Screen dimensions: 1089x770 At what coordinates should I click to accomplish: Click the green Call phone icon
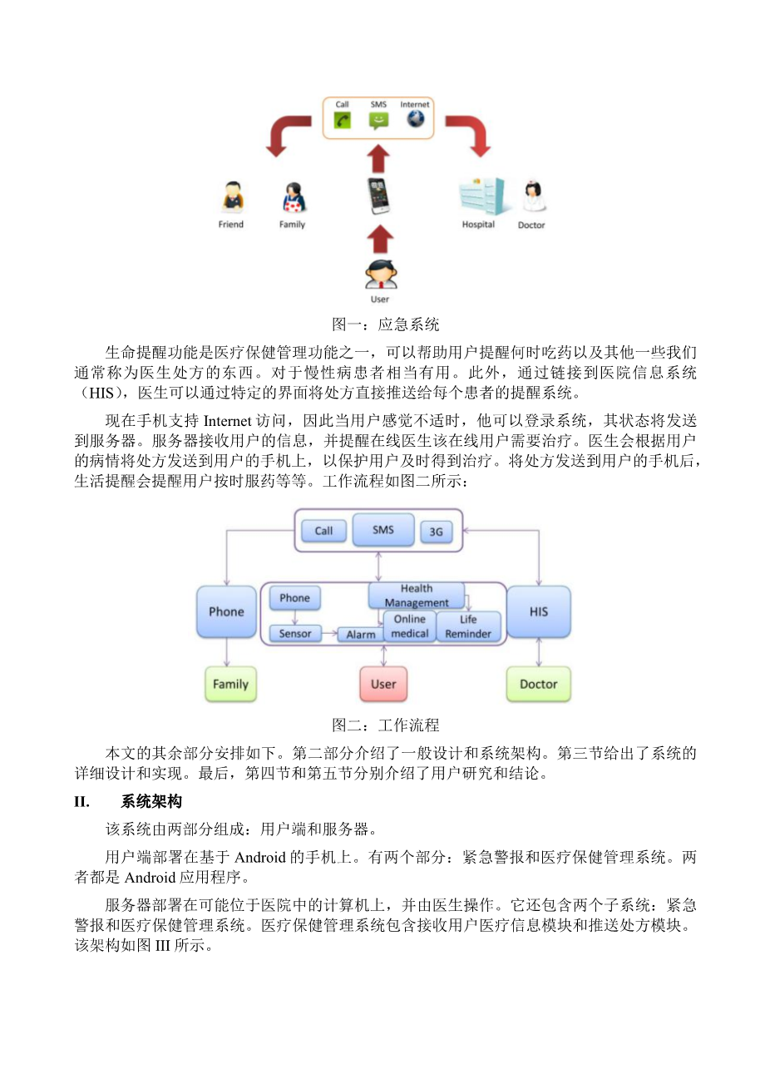(x=342, y=120)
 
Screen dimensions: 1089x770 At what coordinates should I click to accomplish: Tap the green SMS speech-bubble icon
(x=378, y=121)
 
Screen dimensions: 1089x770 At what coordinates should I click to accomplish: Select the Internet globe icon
(x=415, y=119)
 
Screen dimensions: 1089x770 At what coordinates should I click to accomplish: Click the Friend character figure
(x=231, y=198)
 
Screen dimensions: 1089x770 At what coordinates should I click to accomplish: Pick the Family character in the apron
(x=292, y=198)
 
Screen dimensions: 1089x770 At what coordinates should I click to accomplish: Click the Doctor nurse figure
(x=531, y=197)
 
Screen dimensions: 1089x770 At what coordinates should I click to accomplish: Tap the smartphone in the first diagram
(x=379, y=196)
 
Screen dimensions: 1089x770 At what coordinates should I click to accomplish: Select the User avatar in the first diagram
(x=380, y=275)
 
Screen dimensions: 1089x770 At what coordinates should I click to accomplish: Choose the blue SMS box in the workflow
(x=383, y=530)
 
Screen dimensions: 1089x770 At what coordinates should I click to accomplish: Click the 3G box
(x=436, y=532)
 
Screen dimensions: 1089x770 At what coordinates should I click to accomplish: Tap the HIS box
(x=539, y=611)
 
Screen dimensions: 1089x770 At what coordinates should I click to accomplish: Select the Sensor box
(x=295, y=634)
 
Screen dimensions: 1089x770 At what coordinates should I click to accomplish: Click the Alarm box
(x=361, y=635)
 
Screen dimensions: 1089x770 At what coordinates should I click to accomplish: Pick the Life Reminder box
(x=468, y=626)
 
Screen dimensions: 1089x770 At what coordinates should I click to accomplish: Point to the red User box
(x=383, y=684)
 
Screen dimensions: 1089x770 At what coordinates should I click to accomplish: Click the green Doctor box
(x=538, y=684)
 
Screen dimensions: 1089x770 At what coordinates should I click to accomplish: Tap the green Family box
(x=230, y=684)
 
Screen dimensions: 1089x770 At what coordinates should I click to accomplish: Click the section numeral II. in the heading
(x=82, y=802)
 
